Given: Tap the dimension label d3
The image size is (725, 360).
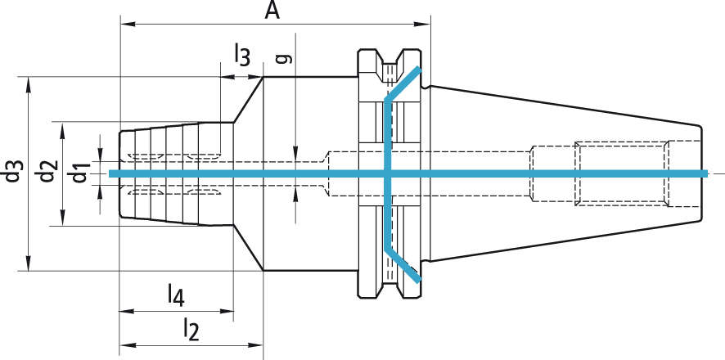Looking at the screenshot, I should pyautogui.click(x=11, y=174).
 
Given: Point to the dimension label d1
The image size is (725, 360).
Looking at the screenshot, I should pyautogui.click(x=79, y=174).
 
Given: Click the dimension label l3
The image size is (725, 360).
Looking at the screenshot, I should pyautogui.click(x=241, y=56).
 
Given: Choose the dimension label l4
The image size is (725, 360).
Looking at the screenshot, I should pyautogui.click(x=175, y=294).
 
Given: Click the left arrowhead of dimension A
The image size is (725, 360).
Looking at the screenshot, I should pyautogui.click(x=125, y=25).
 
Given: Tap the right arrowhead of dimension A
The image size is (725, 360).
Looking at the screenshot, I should pyautogui.click(x=425, y=25).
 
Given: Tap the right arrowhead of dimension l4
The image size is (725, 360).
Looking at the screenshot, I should pyautogui.click(x=229, y=311).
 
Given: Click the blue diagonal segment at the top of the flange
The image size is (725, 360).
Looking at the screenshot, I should pyautogui.click(x=403, y=85).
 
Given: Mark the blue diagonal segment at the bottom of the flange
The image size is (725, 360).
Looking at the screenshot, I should pyautogui.click(x=403, y=263).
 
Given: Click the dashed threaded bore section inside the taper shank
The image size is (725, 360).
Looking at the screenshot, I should pyautogui.click(x=622, y=173).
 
